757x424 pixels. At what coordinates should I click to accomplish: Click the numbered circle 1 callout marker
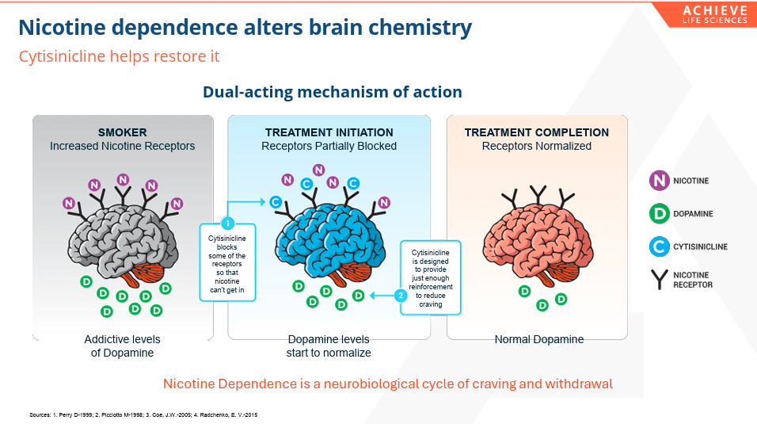tap(227, 223)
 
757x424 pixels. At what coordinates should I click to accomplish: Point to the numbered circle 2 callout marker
tap(401, 295)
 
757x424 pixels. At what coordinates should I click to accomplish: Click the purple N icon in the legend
tap(659, 181)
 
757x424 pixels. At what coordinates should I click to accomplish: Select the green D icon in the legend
tap(659, 214)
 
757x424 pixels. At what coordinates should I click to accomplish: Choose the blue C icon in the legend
tap(659, 246)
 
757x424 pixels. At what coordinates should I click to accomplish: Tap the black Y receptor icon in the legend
tap(659, 280)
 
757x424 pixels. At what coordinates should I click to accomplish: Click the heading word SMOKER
tap(122, 132)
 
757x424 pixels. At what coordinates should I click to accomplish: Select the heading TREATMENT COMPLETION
tap(536, 132)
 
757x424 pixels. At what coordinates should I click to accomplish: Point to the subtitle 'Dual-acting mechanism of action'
tap(332, 92)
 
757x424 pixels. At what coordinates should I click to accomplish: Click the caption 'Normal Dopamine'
tap(538, 339)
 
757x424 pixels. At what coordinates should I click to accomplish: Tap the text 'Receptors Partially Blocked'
tap(329, 146)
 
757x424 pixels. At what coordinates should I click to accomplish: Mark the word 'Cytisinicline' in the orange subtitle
tap(63, 56)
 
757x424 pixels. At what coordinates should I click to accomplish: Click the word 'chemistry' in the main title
tap(420, 28)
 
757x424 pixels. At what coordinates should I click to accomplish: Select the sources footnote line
tap(143, 414)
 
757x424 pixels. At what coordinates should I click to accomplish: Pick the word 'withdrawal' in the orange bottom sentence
tap(578, 384)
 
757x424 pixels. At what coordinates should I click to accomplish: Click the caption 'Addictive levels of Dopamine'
tap(122, 346)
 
